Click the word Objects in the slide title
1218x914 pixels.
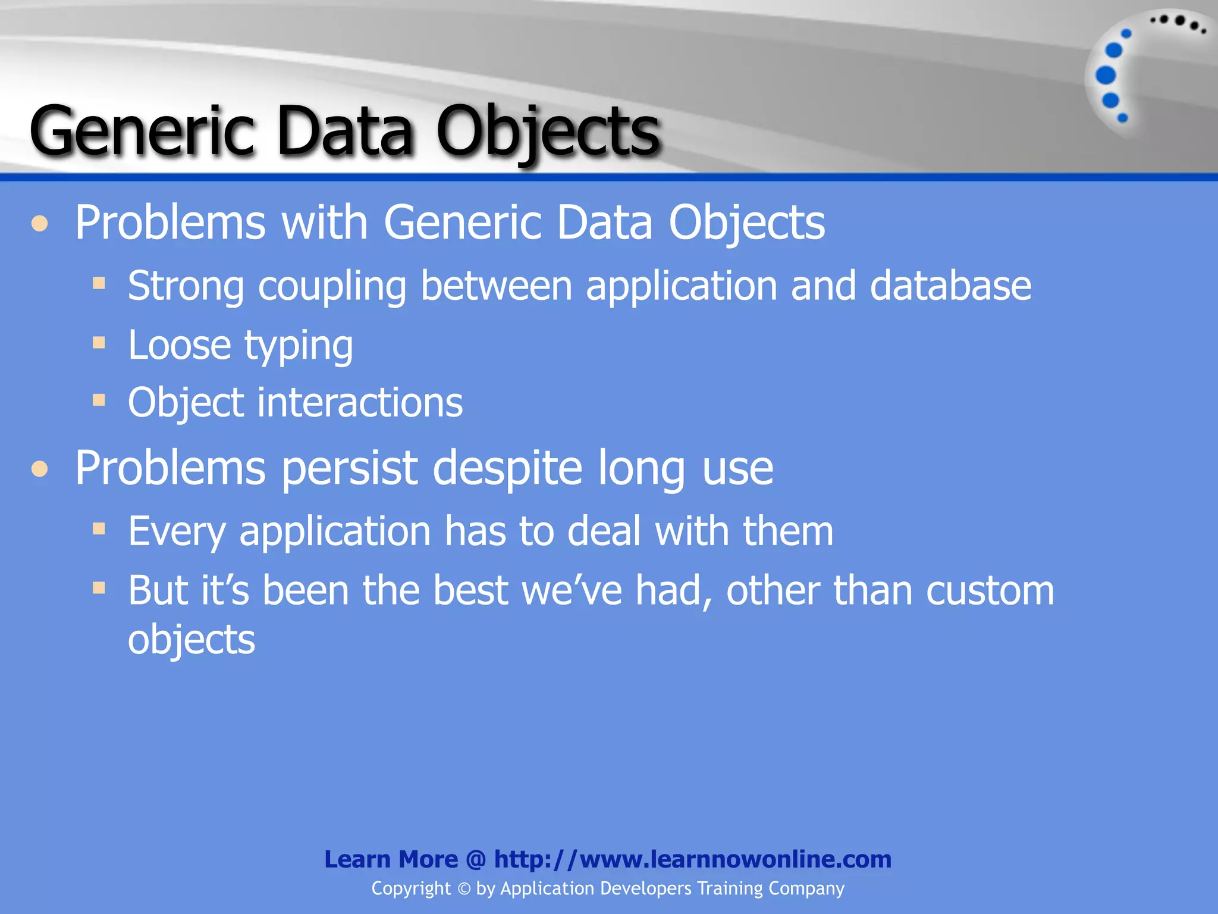[x=547, y=132]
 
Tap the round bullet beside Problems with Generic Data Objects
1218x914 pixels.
[x=40, y=224]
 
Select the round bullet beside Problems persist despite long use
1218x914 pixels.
[x=40, y=469]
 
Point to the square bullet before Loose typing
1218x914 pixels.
[x=99, y=342]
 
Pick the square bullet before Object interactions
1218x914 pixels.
[x=99, y=400]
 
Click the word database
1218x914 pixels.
[x=950, y=286]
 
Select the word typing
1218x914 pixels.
[x=299, y=346]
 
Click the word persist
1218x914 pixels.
[x=350, y=468]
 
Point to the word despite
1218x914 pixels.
[x=507, y=468]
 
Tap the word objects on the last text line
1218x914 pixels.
[x=192, y=640]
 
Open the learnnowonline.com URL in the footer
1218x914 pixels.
[x=692, y=859]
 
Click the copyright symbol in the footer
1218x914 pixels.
[x=464, y=889]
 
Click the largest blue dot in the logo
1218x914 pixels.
[x=1106, y=76]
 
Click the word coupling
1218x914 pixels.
[x=332, y=287]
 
